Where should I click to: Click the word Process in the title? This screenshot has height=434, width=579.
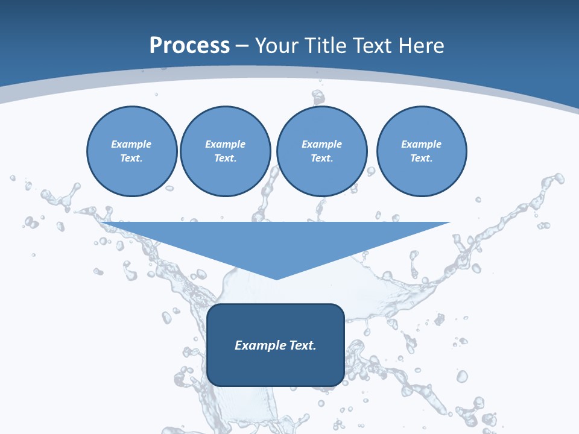pos(189,46)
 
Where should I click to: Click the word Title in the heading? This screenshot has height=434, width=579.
pos(325,46)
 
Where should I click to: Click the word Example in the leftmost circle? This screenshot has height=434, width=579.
pos(131,144)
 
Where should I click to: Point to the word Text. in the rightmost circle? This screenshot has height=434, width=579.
pos(422,159)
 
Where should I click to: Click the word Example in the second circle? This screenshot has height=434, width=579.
pos(225,144)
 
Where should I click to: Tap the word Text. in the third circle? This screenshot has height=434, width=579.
pos(321,159)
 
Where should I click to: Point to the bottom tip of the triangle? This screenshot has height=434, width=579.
pos(276,278)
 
